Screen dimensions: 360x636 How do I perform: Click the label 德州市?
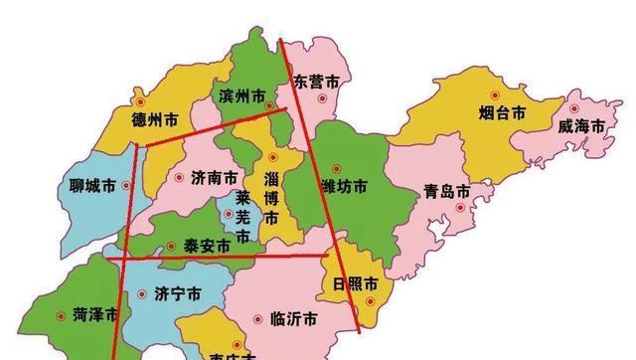[154, 119]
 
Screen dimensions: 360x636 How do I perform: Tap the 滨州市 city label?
[241, 96]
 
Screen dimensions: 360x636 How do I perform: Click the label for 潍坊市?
[343, 186]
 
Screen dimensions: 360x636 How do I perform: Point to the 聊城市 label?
[81, 185]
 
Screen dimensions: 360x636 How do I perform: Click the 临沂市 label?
[293, 319]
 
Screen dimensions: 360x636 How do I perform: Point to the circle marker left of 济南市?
[180, 177]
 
